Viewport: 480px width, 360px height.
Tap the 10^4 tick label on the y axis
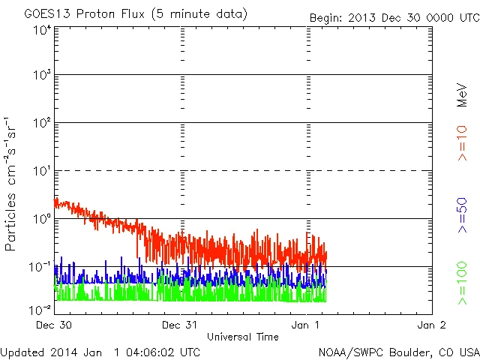point(42,30)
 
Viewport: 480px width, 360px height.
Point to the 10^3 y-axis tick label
point(42,75)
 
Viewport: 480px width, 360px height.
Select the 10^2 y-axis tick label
point(42,122)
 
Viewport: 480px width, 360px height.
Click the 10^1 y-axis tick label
point(42,171)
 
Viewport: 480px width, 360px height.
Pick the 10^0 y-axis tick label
point(42,218)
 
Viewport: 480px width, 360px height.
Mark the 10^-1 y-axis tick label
point(40,266)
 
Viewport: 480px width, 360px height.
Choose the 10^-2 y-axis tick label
point(40,308)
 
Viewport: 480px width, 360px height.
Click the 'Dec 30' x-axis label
point(54,325)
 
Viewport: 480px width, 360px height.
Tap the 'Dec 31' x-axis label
point(180,325)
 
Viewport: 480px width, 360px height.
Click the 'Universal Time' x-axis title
point(243,337)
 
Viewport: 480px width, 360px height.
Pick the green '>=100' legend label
point(463,283)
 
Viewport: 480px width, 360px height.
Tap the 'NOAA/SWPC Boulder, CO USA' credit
point(398,352)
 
